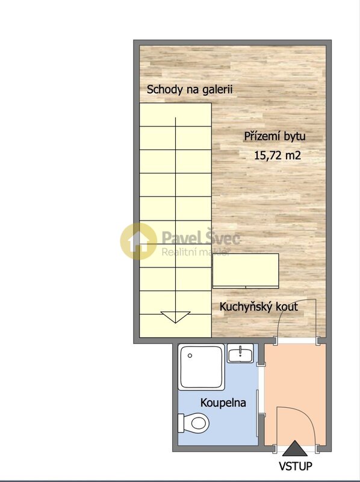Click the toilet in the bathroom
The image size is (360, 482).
(195, 423)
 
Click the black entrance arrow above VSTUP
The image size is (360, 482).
(294, 448)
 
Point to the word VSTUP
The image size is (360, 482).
(295, 466)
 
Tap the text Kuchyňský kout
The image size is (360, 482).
(259, 307)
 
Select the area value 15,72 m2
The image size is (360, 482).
(278, 155)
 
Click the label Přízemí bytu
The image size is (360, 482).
(275, 136)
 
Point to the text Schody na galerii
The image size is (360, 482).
(190, 90)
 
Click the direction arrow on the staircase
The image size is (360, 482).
(176, 317)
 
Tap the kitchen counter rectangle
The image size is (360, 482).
(246, 269)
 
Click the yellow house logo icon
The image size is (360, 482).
(138, 241)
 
